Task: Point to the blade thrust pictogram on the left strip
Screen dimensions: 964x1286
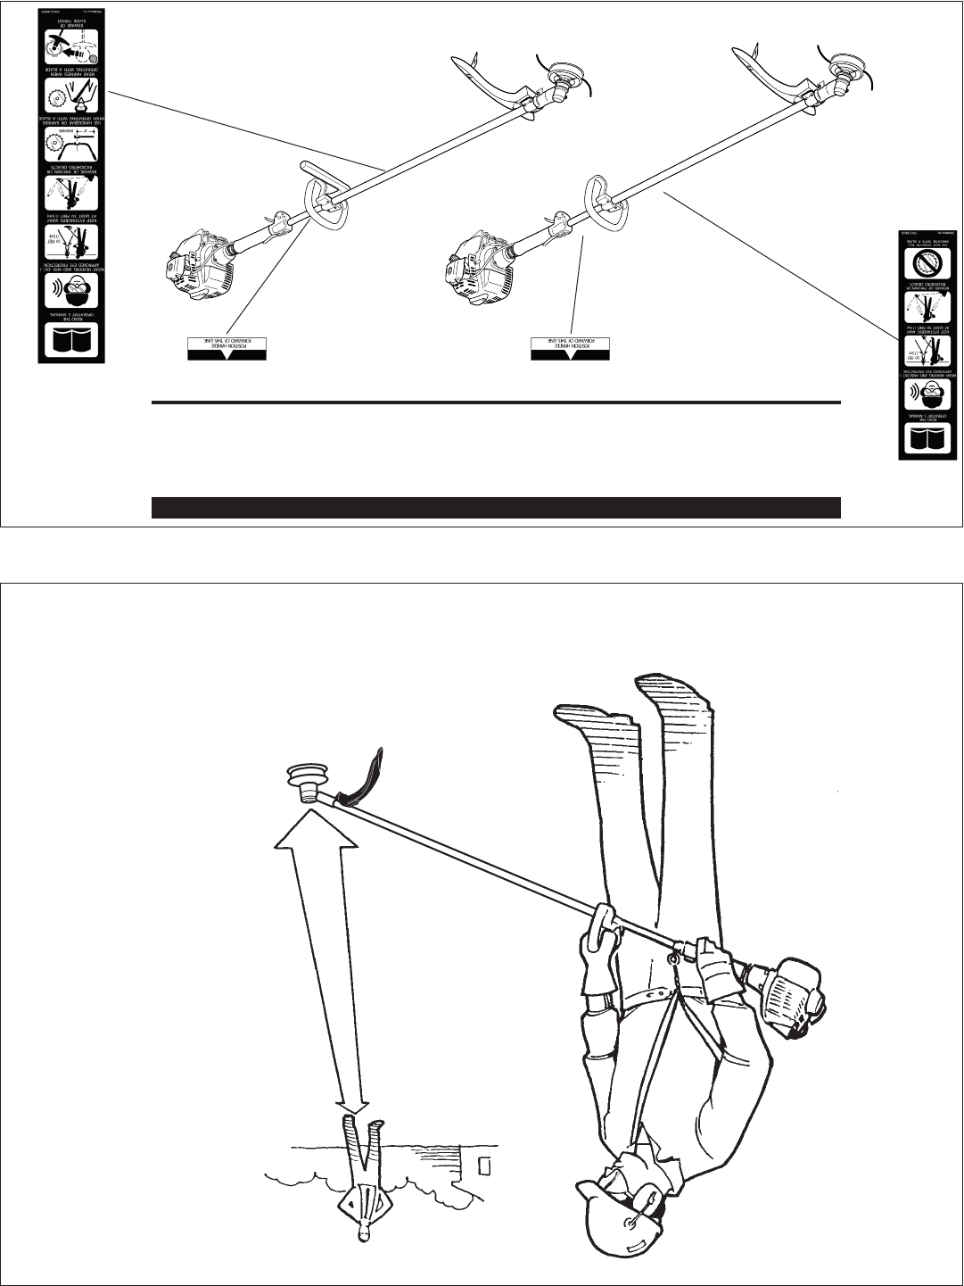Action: pyautogui.click(x=71, y=41)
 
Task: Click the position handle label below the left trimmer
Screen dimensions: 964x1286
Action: pyautogui.click(x=227, y=349)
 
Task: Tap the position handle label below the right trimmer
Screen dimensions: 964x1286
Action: pyautogui.click(x=570, y=349)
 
